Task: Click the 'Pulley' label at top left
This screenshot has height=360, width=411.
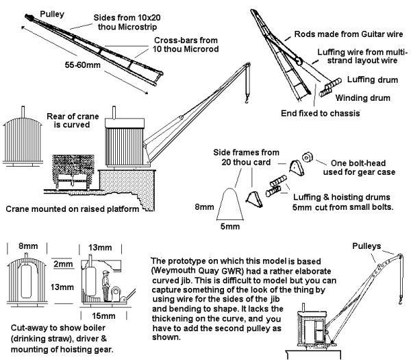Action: [53, 14]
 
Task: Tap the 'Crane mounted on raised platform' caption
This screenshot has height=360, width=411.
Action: [72, 208]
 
